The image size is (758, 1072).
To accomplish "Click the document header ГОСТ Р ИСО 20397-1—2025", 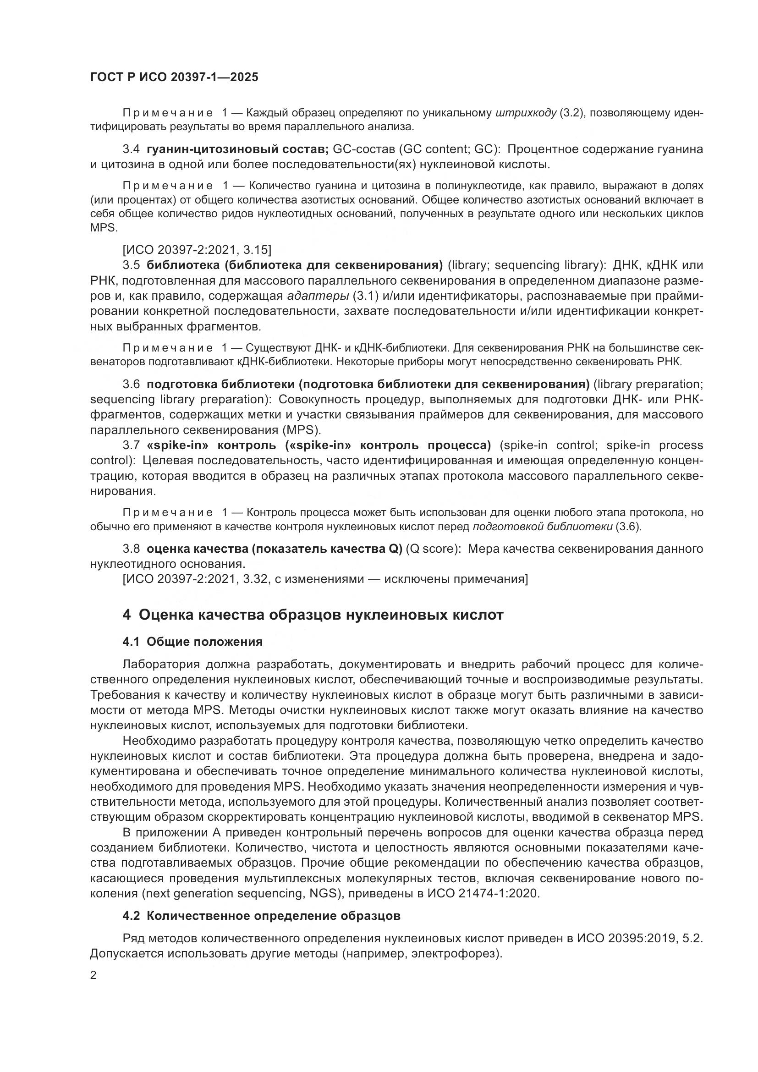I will (174, 77).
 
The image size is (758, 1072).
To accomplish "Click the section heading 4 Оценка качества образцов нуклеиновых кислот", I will (313, 615).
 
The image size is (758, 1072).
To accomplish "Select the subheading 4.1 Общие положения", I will (192, 642).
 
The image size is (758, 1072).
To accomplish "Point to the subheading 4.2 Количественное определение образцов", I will (261, 916).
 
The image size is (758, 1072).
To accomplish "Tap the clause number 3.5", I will (131, 265).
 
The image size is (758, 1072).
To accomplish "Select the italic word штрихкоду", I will (526, 113).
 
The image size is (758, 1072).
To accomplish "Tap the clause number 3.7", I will (131, 445).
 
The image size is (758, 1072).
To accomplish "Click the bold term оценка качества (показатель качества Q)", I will (274, 549).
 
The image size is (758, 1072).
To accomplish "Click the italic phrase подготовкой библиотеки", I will (542, 527).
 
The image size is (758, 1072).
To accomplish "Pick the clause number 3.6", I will (131, 384).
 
